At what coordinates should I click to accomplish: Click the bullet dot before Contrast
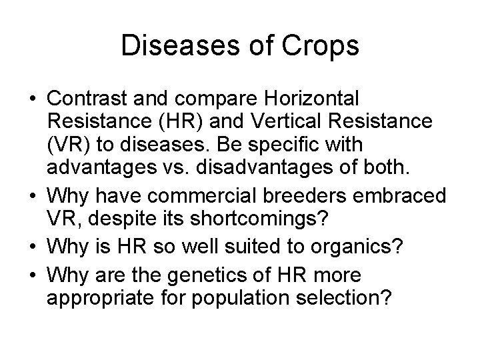[x=32, y=99]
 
